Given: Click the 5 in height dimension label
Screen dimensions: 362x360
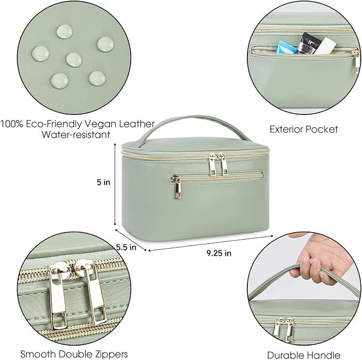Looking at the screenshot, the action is tap(103, 183).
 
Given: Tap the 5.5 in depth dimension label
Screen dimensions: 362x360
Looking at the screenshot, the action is tap(126, 248).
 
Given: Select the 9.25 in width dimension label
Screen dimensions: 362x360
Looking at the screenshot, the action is tap(219, 253).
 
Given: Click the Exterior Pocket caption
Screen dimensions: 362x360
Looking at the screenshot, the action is tap(304, 129).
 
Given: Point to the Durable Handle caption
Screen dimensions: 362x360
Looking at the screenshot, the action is tap(304, 355).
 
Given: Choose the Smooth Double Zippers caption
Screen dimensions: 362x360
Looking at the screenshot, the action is tap(74, 354).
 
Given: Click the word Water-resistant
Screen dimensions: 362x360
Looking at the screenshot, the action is tap(76, 135).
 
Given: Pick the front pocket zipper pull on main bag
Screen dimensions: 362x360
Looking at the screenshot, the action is tap(177, 187).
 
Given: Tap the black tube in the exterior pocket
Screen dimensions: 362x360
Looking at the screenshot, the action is tap(306, 43).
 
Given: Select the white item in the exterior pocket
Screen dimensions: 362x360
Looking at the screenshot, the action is tap(324, 46).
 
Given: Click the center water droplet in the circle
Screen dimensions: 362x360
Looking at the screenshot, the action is tap(74, 60).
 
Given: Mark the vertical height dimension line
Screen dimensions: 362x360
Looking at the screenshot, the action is tap(115, 184).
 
